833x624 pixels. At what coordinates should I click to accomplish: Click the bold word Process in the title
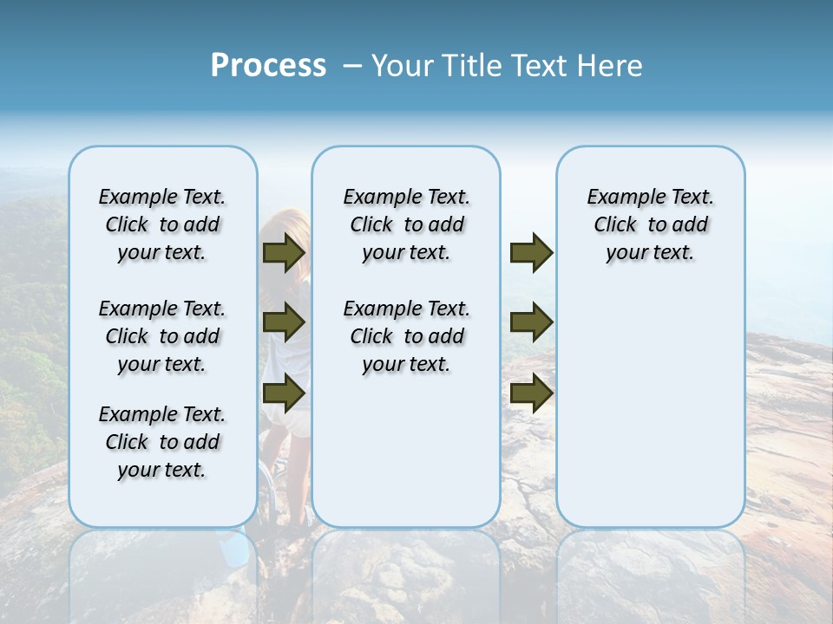coord(268,66)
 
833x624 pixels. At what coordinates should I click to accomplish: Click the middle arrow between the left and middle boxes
coord(284,322)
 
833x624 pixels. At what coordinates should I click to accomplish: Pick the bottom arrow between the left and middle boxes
coord(284,393)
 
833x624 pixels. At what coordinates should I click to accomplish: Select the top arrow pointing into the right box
coord(531,252)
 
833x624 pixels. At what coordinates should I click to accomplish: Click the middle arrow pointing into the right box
coord(531,322)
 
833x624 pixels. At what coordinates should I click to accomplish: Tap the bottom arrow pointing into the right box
coord(531,393)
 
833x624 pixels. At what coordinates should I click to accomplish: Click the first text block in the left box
coord(162,224)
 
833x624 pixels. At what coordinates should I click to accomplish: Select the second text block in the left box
coord(162,336)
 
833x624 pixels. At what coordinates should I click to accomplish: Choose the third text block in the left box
coord(162,442)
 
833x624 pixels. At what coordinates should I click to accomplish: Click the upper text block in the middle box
coord(406,224)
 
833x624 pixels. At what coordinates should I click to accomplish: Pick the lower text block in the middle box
coord(406,336)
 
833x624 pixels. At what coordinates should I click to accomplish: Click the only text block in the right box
coord(650,224)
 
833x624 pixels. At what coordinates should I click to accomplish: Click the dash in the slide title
coord(351,66)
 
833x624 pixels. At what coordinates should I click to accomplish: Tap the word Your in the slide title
coord(403,66)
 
